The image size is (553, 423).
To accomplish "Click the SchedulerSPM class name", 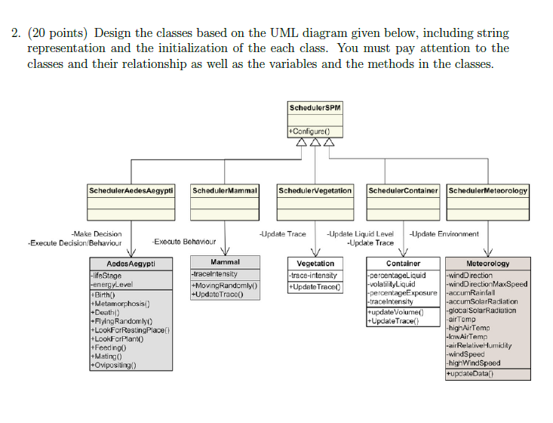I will [x=315, y=109].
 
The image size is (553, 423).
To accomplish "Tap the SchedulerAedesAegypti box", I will [x=132, y=191].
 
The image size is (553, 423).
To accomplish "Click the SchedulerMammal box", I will [x=225, y=191].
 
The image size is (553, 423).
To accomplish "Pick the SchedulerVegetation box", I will [x=315, y=191].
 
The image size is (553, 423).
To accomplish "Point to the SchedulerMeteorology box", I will [x=488, y=191].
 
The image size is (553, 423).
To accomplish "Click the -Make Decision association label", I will [x=96, y=234].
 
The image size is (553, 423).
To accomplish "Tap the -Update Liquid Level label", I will [x=360, y=234].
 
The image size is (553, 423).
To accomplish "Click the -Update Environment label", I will [x=444, y=234].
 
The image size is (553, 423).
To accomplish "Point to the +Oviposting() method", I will [x=113, y=365].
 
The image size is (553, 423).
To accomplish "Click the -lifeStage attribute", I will [x=106, y=276].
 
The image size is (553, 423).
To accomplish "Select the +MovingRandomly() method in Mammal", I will [x=224, y=286].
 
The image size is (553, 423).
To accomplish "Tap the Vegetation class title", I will [x=315, y=264].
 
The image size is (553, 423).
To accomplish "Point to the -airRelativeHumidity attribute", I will [x=483, y=345].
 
